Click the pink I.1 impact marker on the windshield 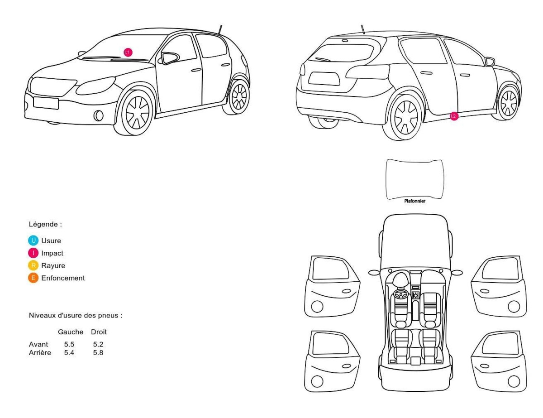(x=128, y=52)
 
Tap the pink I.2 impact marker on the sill (x=454, y=116)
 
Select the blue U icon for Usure (x=33, y=240)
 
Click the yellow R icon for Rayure (x=33, y=265)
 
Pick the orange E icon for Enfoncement (x=33, y=278)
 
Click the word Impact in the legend (x=52, y=253)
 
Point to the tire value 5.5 (x=69, y=344)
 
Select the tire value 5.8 (x=98, y=353)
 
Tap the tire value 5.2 (x=98, y=344)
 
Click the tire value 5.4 (x=69, y=353)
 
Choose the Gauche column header (x=71, y=332)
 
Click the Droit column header (x=99, y=332)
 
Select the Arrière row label (x=40, y=353)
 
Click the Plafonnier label (x=414, y=201)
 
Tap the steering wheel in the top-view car (x=400, y=294)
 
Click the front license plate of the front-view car (x=46, y=103)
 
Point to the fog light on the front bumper (x=99, y=115)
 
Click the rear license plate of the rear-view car (x=324, y=79)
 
